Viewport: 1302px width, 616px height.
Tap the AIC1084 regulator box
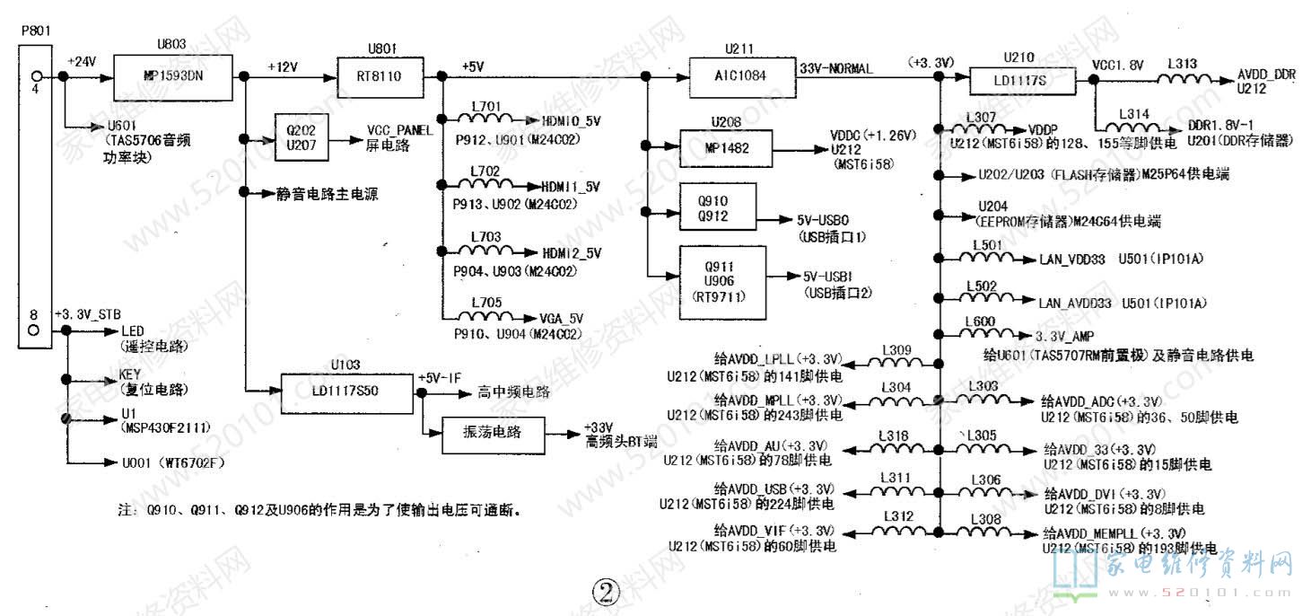(742, 76)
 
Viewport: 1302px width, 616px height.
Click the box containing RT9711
(723, 282)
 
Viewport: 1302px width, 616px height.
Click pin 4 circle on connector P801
(36, 76)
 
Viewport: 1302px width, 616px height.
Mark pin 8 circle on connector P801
(36, 330)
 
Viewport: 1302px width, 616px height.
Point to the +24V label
(82, 61)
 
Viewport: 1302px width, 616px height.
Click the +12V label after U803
(284, 66)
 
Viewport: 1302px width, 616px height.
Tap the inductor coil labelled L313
(1181, 78)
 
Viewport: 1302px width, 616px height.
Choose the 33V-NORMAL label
(835, 68)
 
